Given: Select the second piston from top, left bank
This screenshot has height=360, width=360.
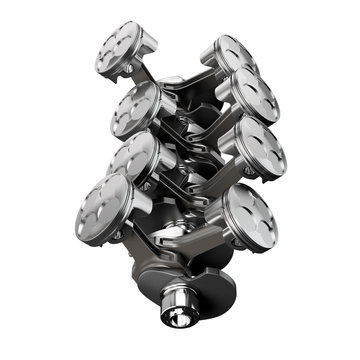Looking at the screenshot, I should coord(135,108).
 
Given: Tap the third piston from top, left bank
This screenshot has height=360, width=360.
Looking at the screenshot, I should coord(132,158).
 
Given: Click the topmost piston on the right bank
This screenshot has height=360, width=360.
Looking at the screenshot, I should coord(231,56).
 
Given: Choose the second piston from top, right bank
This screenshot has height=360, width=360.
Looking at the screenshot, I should coord(253,96).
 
